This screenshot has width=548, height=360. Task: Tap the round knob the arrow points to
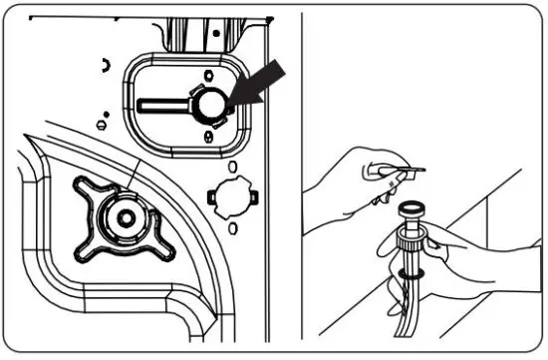(211, 104)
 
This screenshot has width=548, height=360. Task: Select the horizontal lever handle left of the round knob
(165, 104)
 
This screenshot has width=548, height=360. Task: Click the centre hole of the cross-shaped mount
(125, 215)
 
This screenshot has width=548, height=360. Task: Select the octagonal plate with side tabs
(232, 195)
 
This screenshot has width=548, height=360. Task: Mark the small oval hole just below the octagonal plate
(232, 228)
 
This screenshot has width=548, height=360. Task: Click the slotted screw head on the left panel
(102, 124)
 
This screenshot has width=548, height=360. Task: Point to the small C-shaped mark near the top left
(105, 64)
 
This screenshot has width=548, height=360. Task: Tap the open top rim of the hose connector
(411, 207)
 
